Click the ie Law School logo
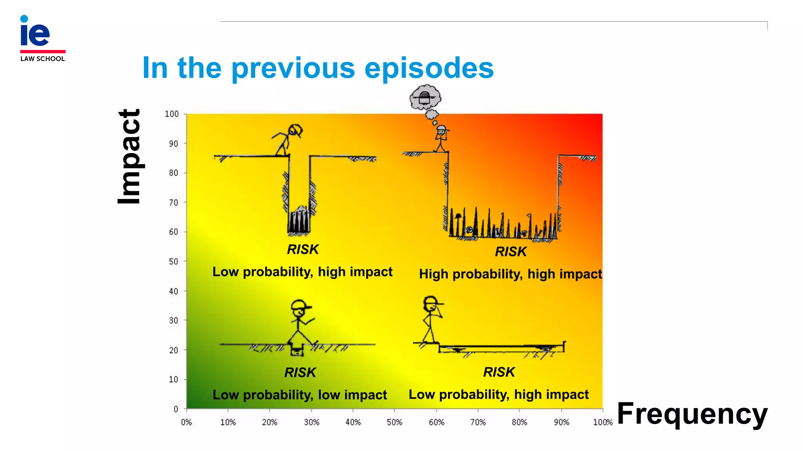(42, 38)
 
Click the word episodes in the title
(429, 68)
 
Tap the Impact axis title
(129, 156)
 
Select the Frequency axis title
(692, 414)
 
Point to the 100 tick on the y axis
(172, 114)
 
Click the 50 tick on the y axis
(173, 262)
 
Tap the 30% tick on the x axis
(311, 422)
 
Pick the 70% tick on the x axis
(478, 422)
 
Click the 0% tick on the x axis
(186, 422)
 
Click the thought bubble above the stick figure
(425, 98)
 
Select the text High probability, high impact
(510, 274)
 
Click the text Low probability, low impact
(300, 395)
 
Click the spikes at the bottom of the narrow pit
(299, 221)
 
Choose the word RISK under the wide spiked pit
(511, 252)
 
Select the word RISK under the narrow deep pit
(303, 249)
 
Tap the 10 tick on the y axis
(173, 379)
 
